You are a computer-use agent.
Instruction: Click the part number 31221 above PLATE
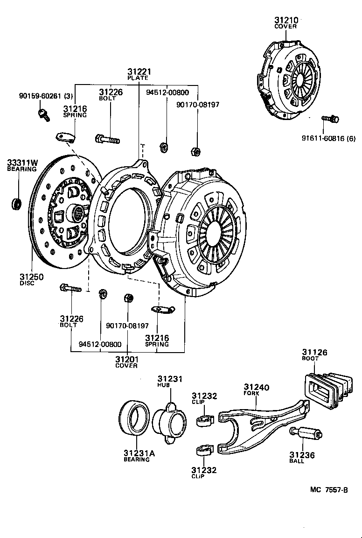139,71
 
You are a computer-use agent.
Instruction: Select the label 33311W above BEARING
22,163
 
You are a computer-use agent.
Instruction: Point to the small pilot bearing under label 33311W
17,204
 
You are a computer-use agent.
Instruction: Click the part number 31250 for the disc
32,276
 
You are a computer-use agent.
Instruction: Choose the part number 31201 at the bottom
127,359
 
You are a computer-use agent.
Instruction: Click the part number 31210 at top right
285,20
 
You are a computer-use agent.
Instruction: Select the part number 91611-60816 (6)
328,138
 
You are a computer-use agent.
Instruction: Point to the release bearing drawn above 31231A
134,418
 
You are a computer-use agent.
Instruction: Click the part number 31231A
139,453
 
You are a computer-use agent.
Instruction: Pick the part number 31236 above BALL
302,455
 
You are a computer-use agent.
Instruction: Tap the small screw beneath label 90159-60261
43,113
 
